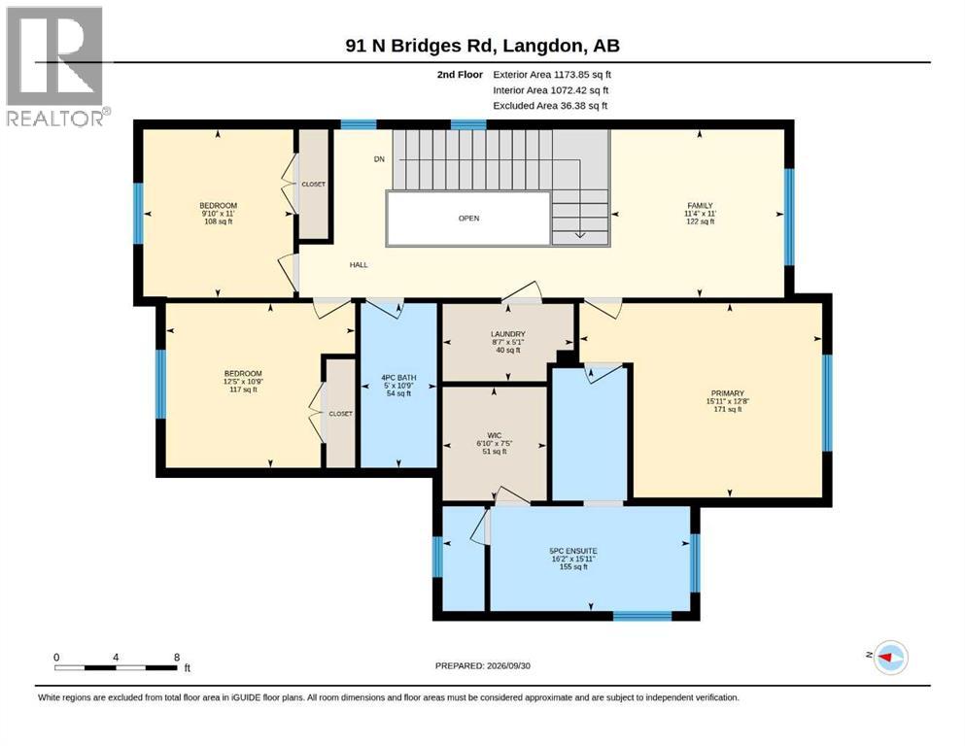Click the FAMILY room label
point(701,205)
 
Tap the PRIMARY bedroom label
point(728,393)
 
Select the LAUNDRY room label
point(507,334)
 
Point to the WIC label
point(495,435)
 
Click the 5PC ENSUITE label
point(573,551)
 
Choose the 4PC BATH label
point(398,378)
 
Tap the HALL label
point(359,264)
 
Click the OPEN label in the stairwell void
point(469,218)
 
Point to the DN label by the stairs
point(379,158)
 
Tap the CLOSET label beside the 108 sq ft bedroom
point(313,184)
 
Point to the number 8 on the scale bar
point(177,657)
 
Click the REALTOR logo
point(56,66)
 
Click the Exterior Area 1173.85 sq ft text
point(552,75)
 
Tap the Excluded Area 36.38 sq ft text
point(550,105)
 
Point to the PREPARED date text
point(482,665)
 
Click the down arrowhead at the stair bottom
point(580,235)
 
